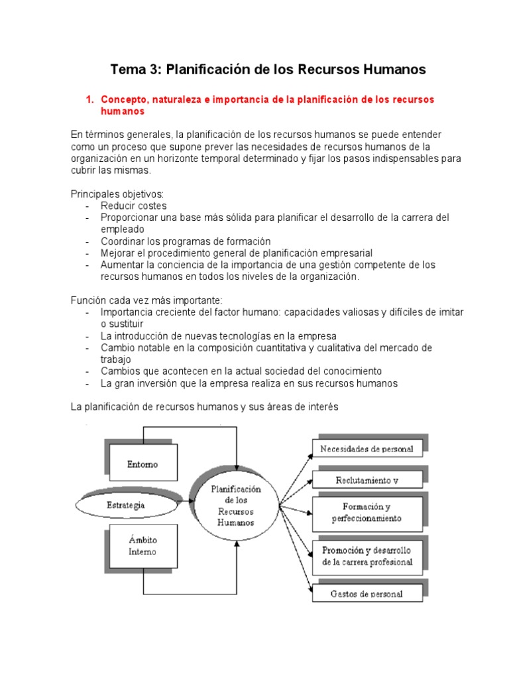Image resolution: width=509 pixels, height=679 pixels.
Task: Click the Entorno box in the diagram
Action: [x=142, y=465]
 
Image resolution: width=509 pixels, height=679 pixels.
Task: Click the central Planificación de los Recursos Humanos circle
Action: [x=235, y=505]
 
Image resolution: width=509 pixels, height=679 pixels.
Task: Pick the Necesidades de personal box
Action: [x=367, y=449]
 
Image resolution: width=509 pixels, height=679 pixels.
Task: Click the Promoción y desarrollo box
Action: [x=367, y=556]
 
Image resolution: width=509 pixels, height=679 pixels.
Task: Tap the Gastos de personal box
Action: [x=367, y=593]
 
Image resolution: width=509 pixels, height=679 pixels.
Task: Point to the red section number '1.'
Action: [x=89, y=99]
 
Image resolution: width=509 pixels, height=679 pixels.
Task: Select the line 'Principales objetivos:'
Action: [x=117, y=194]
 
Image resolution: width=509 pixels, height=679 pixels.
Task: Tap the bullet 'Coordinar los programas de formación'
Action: [x=186, y=241]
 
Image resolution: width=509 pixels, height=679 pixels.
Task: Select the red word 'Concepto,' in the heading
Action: [x=124, y=99]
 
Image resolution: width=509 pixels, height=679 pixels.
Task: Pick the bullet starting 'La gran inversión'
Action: [x=249, y=383]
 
